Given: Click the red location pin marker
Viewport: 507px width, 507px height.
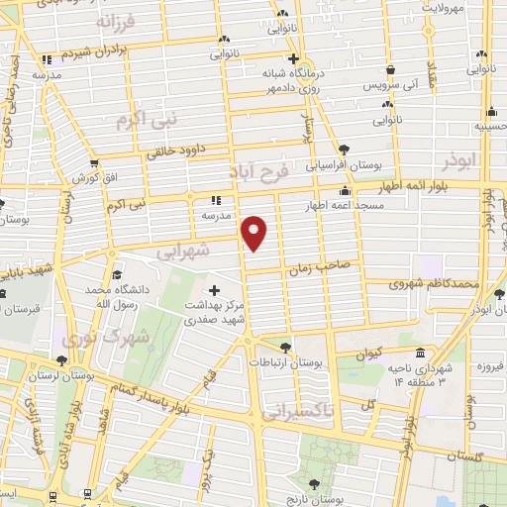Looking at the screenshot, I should [x=255, y=233].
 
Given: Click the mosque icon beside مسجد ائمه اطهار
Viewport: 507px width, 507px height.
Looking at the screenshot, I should [x=345, y=190].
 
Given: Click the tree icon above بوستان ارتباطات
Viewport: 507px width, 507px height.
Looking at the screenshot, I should [x=286, y=347].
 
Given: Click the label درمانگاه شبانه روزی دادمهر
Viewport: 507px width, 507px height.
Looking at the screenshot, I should [x=293, y=80].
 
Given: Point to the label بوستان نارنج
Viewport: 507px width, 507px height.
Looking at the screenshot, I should [x=315, y=497].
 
